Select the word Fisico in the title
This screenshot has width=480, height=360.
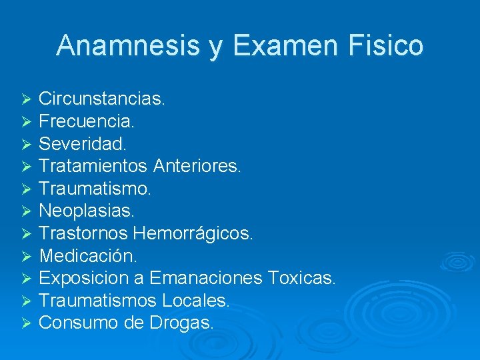point(393,46)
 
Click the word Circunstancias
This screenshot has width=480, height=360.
point(102,99)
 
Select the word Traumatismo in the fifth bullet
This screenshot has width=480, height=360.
point(95,189)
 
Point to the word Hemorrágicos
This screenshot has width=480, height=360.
point(193,233)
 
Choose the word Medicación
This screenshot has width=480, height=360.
point(89,256)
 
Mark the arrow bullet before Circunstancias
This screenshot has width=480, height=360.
point(26,100)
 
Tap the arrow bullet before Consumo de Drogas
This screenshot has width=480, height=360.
point(26,323)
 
